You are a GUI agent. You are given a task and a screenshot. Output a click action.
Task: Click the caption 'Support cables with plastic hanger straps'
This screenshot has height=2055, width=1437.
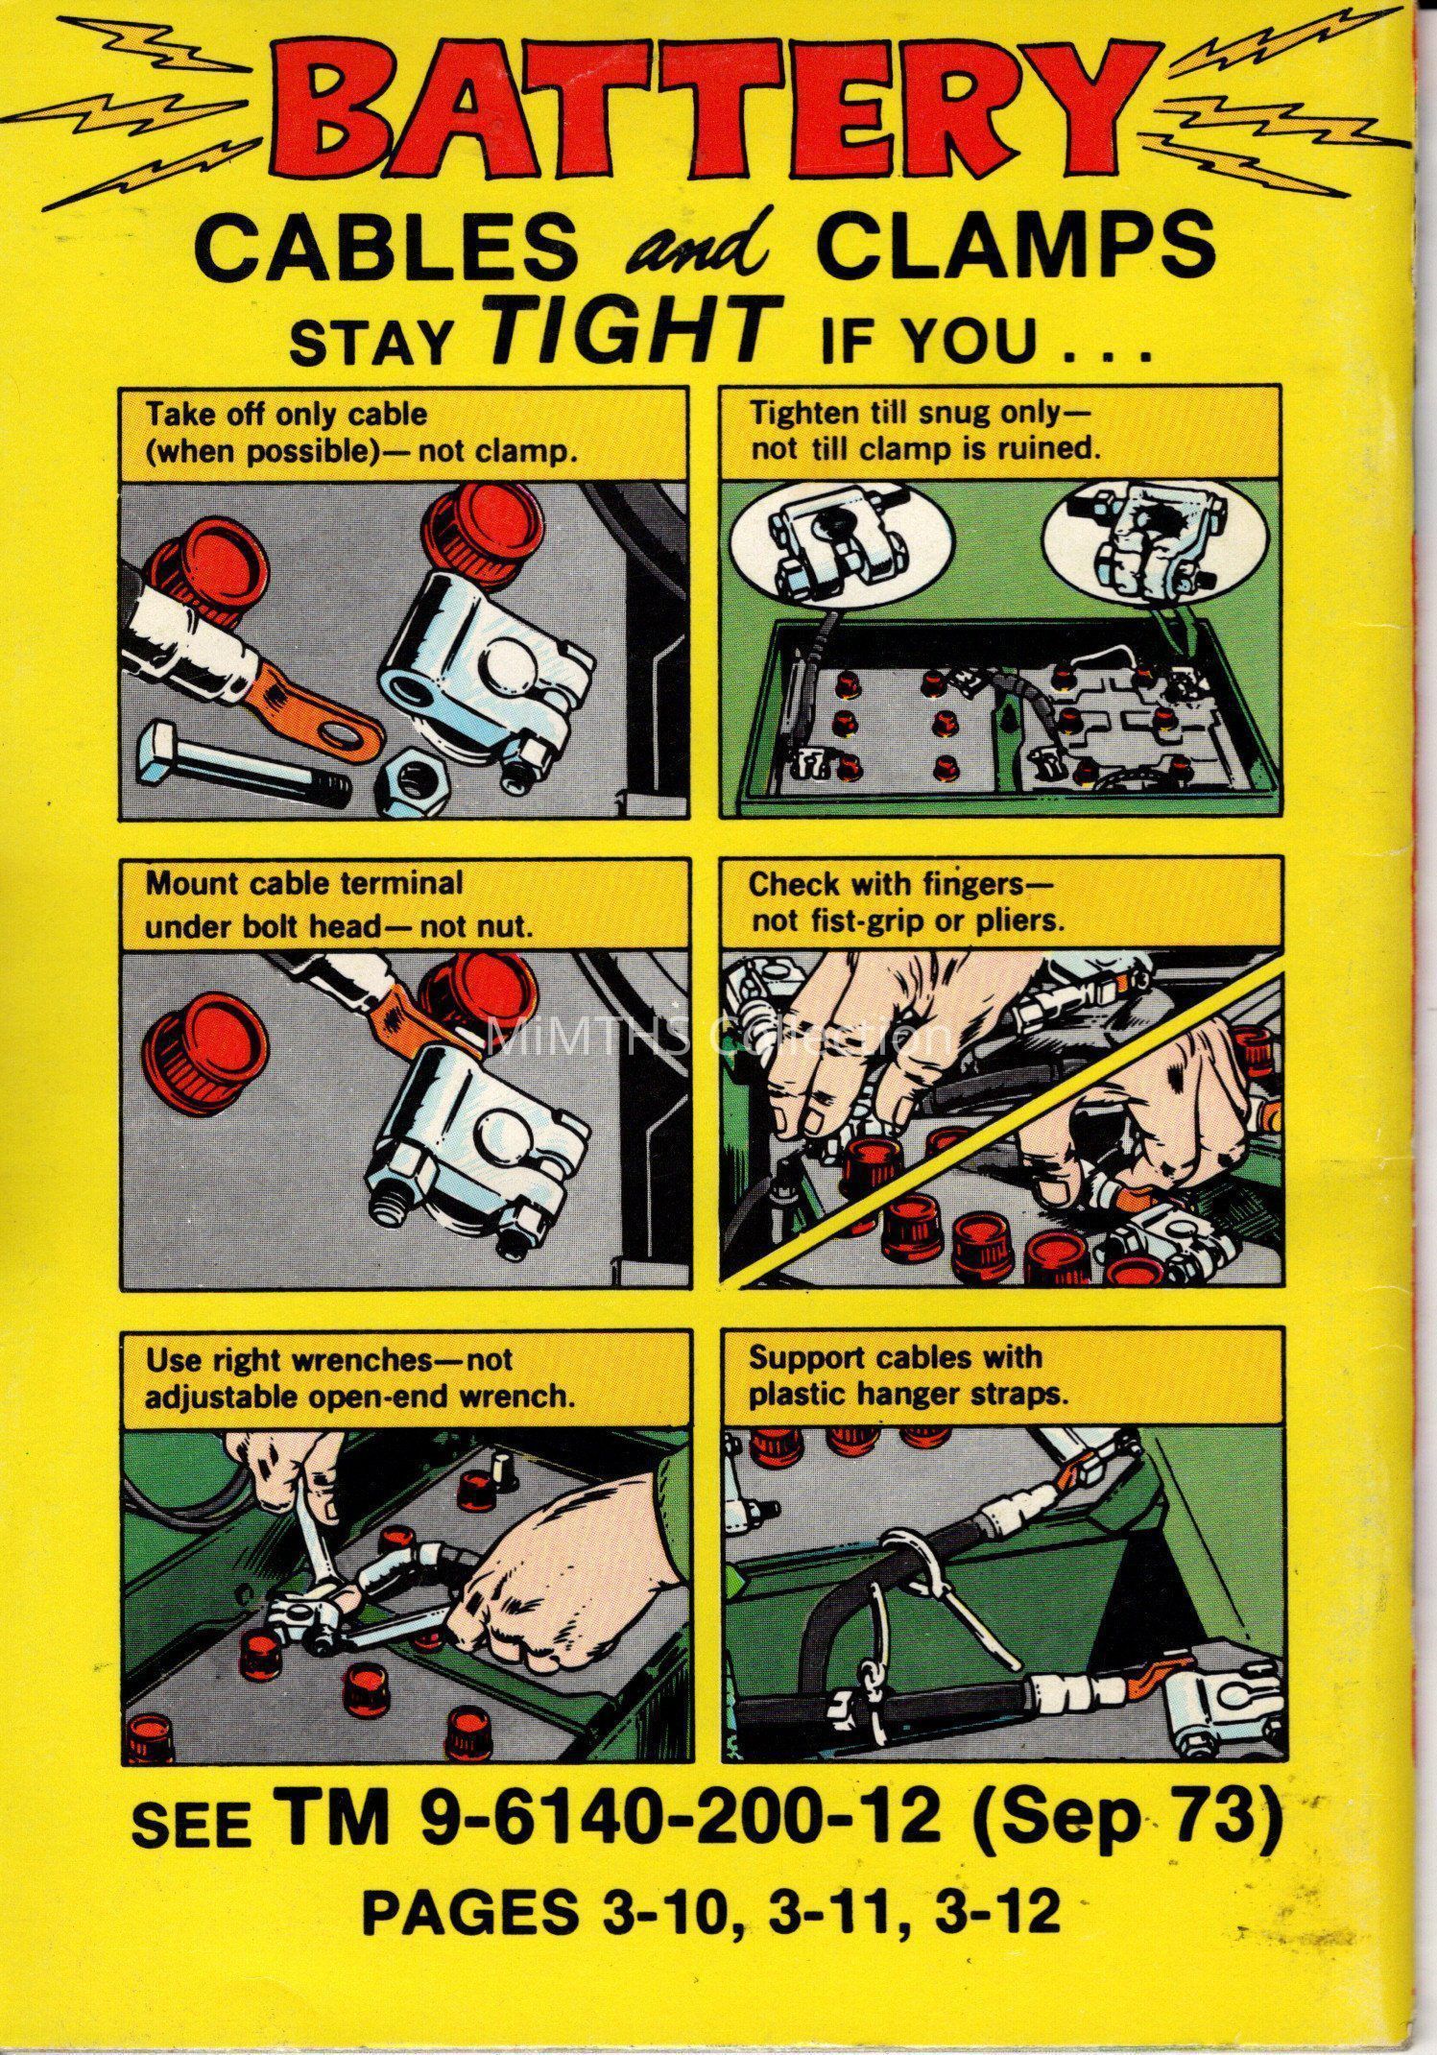[x=907, y=1375]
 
